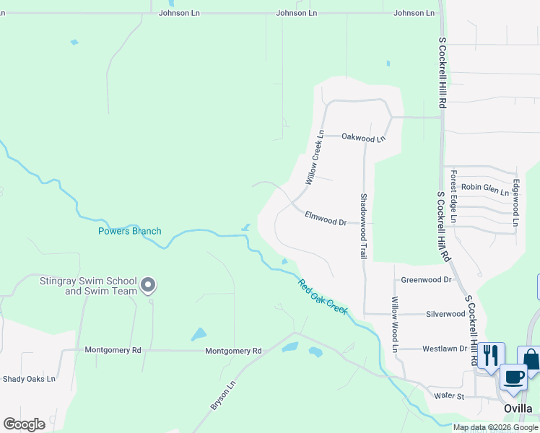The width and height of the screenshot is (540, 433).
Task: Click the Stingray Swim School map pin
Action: click(148, 286)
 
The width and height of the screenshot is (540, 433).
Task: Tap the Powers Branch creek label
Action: click(130, 232)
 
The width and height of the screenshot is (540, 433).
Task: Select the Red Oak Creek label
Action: click(323, 297)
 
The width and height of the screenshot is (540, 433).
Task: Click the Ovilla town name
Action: click(518, 408)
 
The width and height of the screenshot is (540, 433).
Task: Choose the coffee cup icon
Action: click(513, 377)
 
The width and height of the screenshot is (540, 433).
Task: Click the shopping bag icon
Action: click(531, 359)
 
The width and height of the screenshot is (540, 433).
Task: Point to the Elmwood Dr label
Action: click(326, 217)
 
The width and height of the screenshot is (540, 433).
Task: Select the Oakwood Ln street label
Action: click(363, 136)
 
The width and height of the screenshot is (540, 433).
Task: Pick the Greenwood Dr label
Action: click(426, 279)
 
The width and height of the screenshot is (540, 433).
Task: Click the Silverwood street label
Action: click(445, 314)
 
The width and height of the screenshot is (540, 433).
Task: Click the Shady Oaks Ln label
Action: click(29, 379)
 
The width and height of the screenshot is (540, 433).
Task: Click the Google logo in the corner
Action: click(24, 424)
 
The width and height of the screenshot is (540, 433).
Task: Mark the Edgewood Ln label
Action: click(515, 203)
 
